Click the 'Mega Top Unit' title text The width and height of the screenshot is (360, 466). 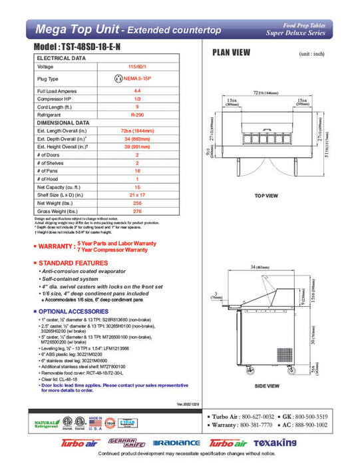tap(76, 29)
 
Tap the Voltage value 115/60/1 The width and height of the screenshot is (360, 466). tap(137, 67)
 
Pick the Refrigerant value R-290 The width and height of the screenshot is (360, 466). tap(137, 115)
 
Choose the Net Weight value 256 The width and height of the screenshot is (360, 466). tap(137, 202)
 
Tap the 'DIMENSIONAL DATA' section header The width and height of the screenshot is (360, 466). tap(63, 122)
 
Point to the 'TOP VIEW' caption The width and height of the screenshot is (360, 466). tap(266, 196)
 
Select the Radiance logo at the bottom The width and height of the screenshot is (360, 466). tap(176, 443)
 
